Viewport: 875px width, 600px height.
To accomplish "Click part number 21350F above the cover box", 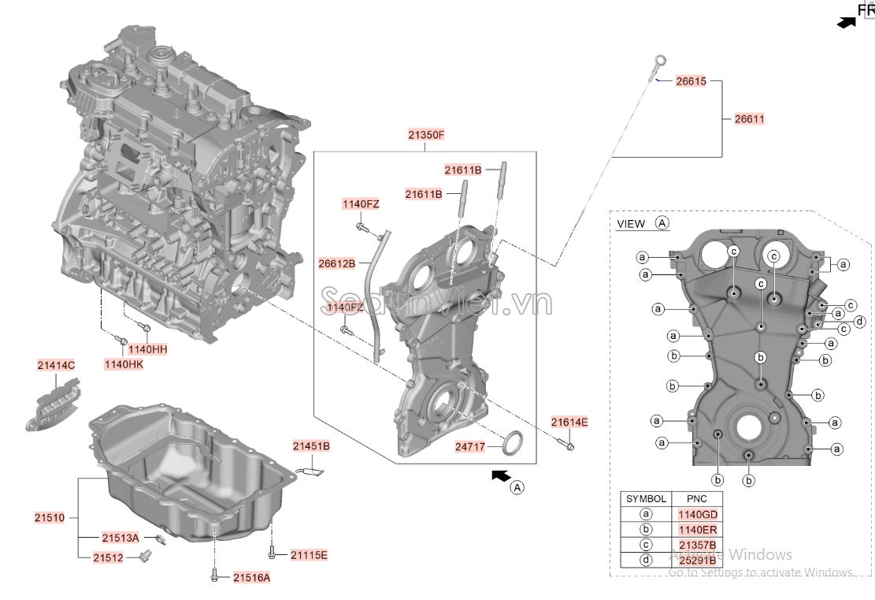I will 426,135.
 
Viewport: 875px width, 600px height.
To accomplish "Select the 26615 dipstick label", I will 691,81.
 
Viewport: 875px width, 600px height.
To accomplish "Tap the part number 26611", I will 749,119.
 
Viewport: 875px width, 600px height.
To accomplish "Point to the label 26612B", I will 336,263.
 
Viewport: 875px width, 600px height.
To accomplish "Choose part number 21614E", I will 569,422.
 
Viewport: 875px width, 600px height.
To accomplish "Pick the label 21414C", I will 56,365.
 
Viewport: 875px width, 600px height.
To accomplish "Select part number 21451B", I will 311,446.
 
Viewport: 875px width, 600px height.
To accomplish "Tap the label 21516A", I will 251,578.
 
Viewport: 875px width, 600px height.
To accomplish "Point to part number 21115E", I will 308,555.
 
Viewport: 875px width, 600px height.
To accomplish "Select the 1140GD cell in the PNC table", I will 697,514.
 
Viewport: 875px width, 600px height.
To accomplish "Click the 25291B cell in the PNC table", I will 697,561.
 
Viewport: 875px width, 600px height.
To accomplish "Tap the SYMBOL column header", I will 646,499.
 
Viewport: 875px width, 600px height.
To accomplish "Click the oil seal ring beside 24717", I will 514,442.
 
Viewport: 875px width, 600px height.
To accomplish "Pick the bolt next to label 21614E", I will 569,445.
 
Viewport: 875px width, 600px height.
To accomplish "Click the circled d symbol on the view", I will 860,321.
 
